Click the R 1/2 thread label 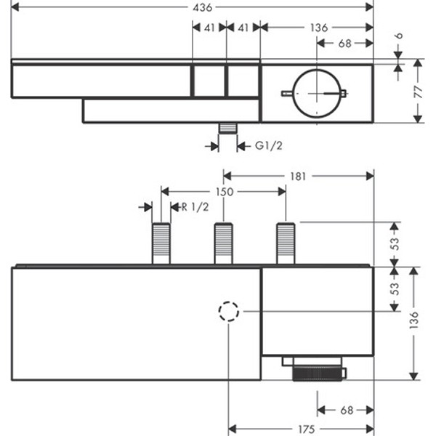click(194, 206)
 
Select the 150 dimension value click(224, 192)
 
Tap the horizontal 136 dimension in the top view click(318, 28)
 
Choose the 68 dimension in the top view click(345, 43)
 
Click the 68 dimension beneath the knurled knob click(345, 411)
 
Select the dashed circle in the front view click(228, 312)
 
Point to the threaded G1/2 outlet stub click(228, 129)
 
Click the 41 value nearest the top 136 click(243, 28)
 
